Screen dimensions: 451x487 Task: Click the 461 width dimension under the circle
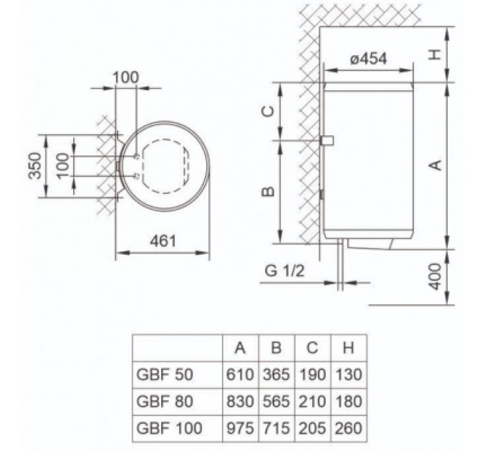coord(164,242)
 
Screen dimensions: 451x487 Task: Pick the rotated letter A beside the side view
coord(433,165)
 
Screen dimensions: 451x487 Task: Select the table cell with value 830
coord(241,401)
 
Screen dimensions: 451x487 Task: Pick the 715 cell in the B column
coord(277,428)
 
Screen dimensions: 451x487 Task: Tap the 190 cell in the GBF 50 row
coord(313,373)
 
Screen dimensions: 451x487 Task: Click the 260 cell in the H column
coord(348,428)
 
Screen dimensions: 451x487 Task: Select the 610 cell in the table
coord(241,373)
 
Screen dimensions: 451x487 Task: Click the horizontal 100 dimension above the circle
coord(126,76)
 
